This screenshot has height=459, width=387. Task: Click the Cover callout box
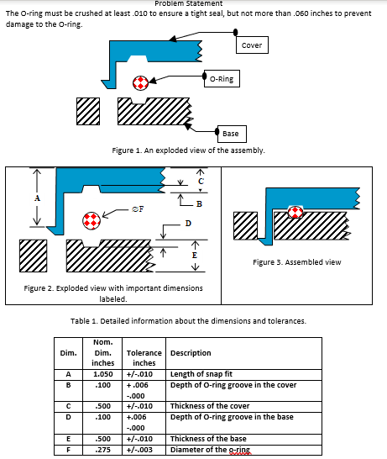(x=252, y=45)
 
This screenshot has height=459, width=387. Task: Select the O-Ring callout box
(x=222, y=78)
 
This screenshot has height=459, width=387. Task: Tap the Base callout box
(x=232, y=134)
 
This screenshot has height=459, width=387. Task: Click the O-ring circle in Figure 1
(x=140, y=83)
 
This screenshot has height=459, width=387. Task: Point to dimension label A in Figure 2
(x=37, y=198)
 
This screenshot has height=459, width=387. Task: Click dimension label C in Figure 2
(x=201, y=182)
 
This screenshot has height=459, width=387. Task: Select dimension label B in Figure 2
(x=199, y=203)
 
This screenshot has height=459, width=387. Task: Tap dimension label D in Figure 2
(x=188, y=224)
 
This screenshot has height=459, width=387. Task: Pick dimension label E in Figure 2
(x=195, y=256)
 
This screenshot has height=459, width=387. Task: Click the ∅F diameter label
(x=138, y=209)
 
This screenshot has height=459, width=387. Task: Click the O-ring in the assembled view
(x=295, y=212)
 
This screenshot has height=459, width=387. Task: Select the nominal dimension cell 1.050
(x=102, y=374)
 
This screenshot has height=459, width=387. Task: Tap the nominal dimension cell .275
(x=102, y=450)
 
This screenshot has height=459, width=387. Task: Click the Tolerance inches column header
(x=144, y=358)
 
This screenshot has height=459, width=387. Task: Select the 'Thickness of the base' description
(x=208, y=439)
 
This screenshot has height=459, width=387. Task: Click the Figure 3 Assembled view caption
(x=297, y=262)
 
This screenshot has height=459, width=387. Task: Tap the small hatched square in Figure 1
(x=88, y=111)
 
